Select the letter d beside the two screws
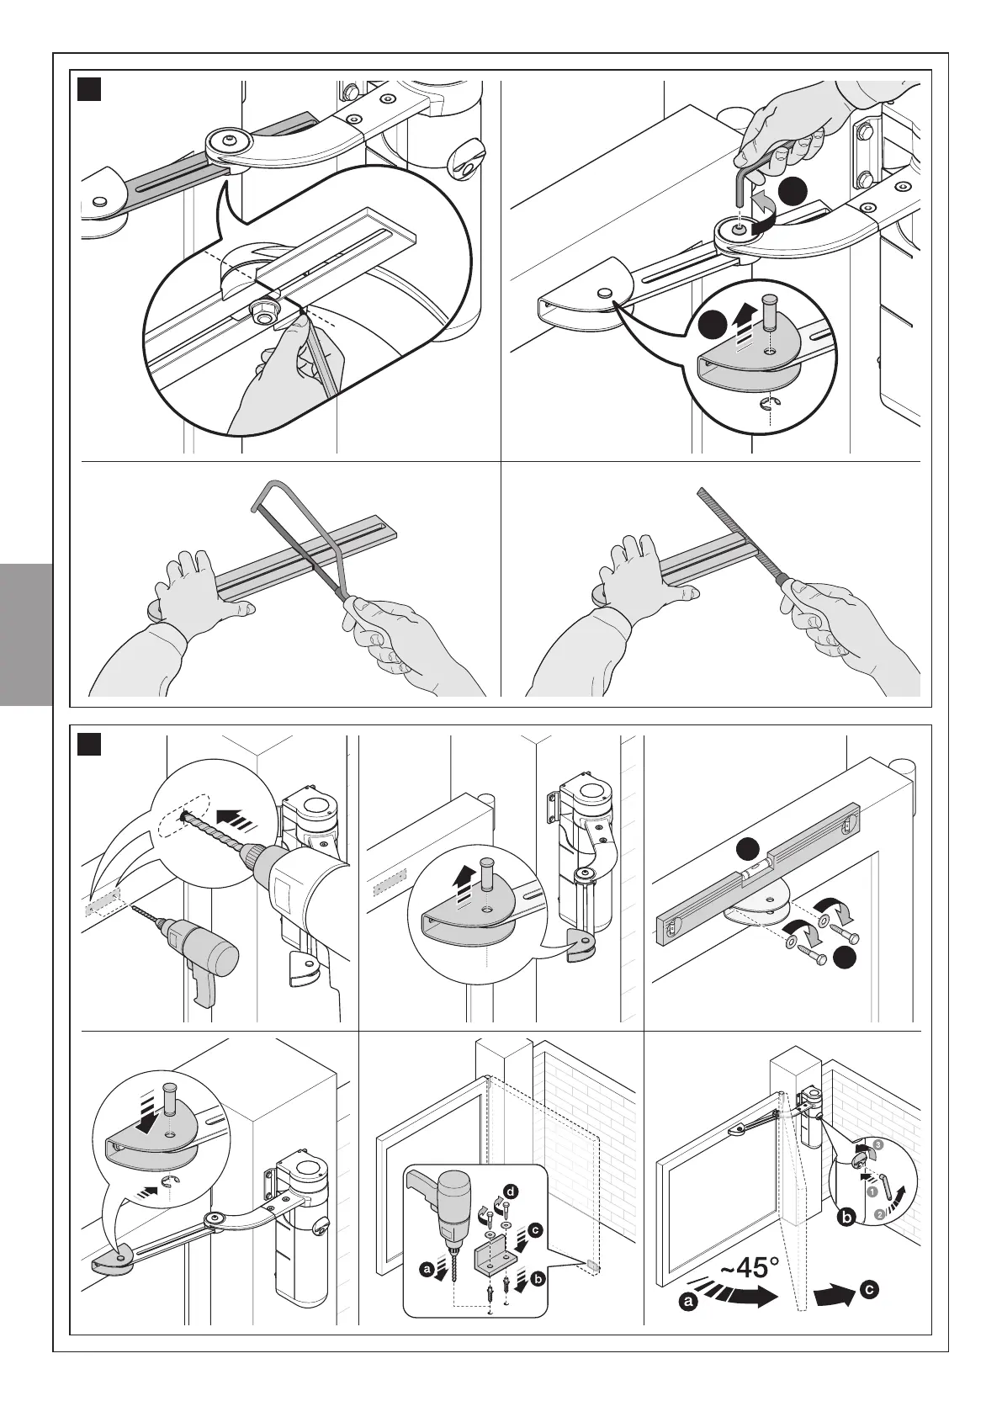tap(509, 1191)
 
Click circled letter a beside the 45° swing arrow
tap(689, 1326)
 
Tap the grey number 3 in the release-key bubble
tap(878, 1145)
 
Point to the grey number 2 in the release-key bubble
tap(878, 1213)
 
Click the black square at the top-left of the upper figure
tap(88, 88)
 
